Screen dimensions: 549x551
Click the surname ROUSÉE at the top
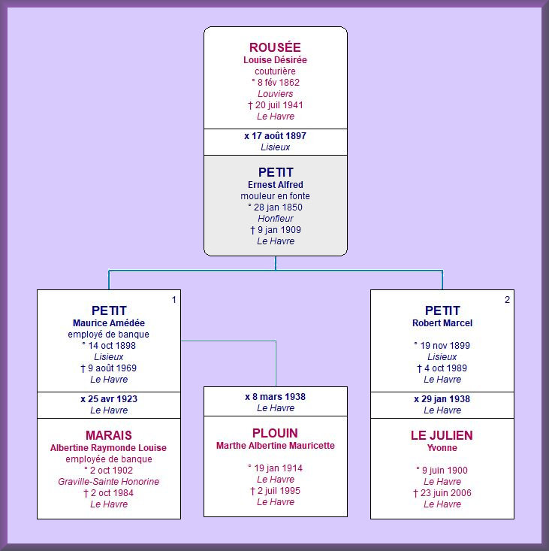(275, 47)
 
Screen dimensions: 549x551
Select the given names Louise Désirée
(275, 59)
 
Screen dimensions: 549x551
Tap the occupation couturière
(275, 71)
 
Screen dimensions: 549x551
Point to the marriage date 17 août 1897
(279, 135)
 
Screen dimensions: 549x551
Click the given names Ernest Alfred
(276, 184)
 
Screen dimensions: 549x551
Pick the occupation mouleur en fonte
(275, 195)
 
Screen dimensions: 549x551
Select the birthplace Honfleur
(276, 218)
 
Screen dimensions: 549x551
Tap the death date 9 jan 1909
(279, 230)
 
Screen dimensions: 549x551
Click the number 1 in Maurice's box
(173, 300)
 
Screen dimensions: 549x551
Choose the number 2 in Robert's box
(507, 300)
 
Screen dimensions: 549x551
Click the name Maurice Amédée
(109, 323)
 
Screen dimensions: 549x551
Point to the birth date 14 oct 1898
(112, 346)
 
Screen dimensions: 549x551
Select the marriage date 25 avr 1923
(113, 399)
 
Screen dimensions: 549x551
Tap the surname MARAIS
(109, 435)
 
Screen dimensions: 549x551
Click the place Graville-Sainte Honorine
(109, 481)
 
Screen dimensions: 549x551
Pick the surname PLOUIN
(275, 433)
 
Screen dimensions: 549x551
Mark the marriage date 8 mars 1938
(279, 397)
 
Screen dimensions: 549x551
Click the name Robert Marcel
(442, 323)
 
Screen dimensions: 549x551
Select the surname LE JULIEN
(442, 435)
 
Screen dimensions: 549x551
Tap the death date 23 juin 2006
(446, 492)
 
